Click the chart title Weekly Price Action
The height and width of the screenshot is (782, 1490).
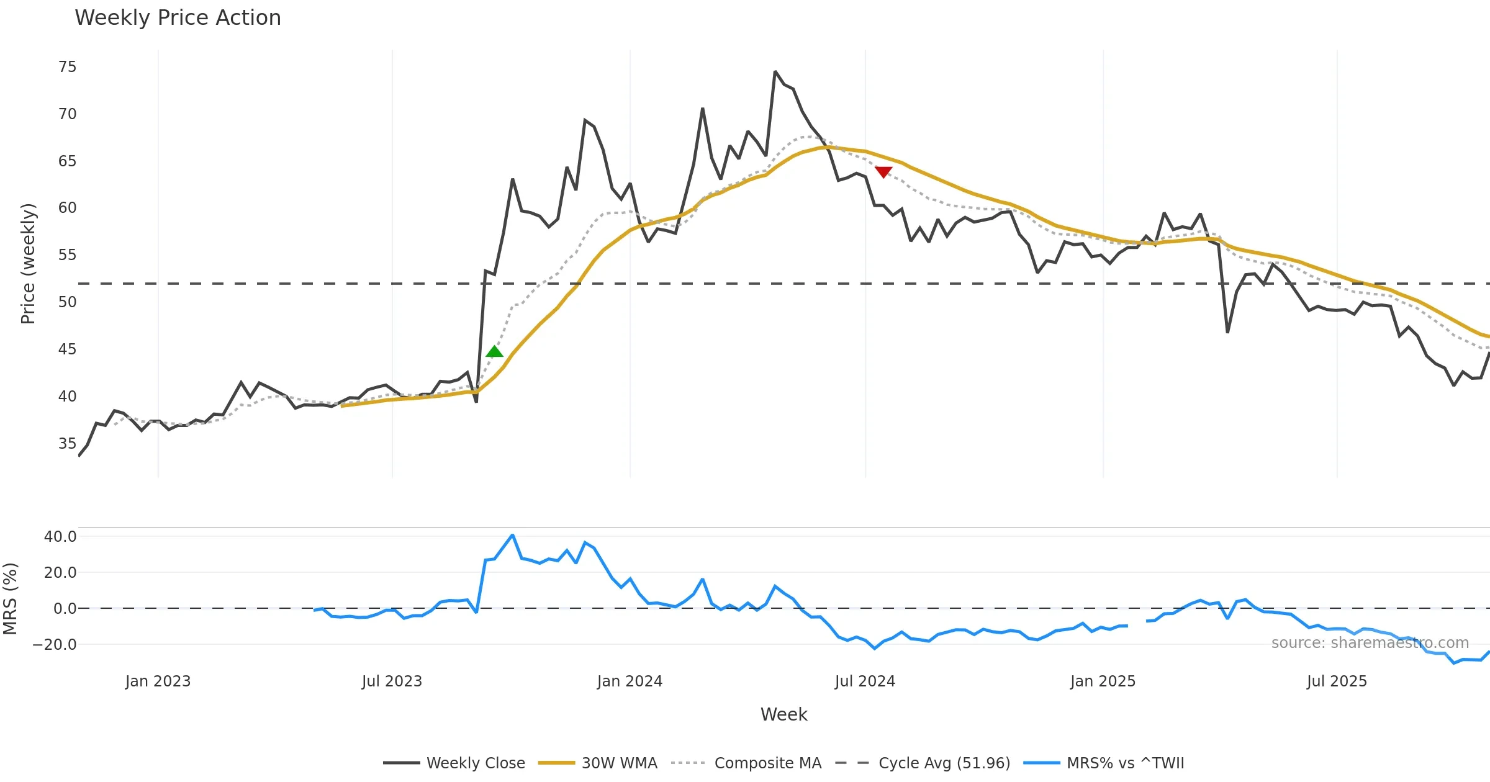point(178,18)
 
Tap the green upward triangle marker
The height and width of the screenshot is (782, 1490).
point(494,352)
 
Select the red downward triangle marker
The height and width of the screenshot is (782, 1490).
point(883,171)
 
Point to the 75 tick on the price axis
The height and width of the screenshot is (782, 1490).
point(67,67)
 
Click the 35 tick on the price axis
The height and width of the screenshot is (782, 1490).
point(67,444)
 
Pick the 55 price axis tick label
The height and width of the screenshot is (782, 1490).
point(67,255)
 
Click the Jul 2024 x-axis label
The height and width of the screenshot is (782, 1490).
point(865,681)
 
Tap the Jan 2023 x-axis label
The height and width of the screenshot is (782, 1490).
point(158,681)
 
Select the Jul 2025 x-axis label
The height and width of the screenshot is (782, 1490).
point(1337,681)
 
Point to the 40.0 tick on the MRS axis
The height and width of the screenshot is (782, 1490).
point(60,537)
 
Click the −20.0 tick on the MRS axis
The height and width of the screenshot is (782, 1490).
point(55,645)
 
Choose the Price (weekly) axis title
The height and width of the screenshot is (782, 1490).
point(29,264)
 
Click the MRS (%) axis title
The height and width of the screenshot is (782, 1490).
point(11,599)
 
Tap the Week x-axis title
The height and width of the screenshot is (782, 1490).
point(783,715)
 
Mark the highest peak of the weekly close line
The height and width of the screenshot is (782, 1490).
point(775,72)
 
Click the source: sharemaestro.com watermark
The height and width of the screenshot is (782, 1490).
point(1370,643)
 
